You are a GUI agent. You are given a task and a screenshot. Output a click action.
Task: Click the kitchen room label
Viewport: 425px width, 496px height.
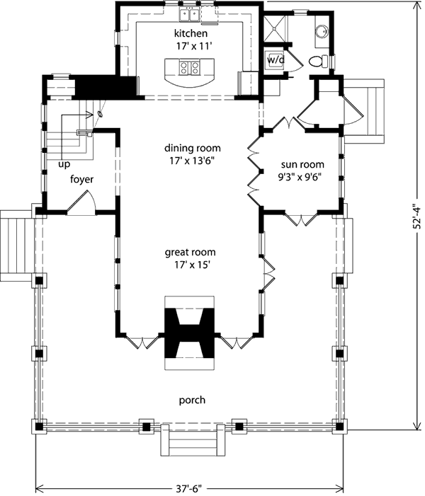click(191, 33)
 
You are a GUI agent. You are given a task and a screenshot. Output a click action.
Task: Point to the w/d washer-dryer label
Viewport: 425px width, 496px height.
click(276, 59)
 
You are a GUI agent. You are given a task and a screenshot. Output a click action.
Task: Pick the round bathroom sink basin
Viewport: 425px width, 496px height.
click(322, 32)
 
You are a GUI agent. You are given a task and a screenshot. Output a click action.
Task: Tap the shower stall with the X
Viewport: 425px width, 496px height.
click(275, 28)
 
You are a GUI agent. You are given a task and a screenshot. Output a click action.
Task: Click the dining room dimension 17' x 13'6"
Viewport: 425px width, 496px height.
click(192, 161)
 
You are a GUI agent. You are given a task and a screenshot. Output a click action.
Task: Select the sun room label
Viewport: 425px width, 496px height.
click(302, 164)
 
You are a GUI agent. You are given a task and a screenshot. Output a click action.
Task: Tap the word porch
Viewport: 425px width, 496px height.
click(192, 400)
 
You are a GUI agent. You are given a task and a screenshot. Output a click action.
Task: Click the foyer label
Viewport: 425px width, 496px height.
click(81, 179)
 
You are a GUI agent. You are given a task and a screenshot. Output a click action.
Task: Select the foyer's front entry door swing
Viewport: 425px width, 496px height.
click(81, 203)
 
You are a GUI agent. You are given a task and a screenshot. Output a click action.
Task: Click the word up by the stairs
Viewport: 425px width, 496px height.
click(64, 164)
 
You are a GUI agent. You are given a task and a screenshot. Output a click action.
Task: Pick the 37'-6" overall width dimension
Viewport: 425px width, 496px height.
click(189, 489)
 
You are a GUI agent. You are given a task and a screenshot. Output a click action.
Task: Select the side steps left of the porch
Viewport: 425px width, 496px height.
click(16, 245)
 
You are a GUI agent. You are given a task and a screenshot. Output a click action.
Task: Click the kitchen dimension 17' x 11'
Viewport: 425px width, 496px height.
click(194, 47)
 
